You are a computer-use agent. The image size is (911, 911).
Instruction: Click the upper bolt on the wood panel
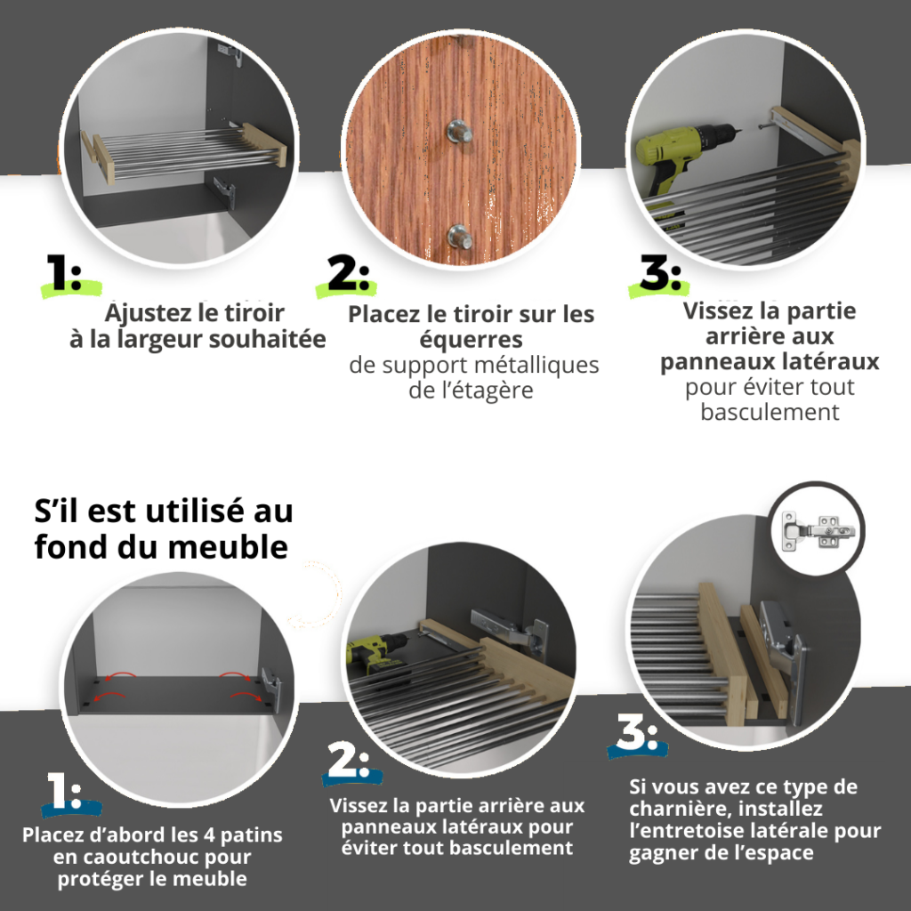pos(458,132)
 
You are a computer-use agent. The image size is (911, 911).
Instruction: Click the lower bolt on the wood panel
pos(459,237)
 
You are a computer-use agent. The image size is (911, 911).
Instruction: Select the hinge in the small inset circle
pos(818,529)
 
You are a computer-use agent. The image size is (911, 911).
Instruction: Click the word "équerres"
pos(472,340)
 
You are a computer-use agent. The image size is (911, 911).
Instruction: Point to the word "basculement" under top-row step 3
pos(770,412)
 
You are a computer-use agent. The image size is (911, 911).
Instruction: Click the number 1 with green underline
pos(63,272)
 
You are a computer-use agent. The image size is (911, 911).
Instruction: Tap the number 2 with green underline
pos(348,272)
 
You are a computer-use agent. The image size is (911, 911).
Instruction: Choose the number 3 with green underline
pos(660,272)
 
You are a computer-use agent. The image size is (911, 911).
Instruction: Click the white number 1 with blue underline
pos(64,790)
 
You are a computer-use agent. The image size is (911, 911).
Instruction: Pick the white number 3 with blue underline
pos(637,731)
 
